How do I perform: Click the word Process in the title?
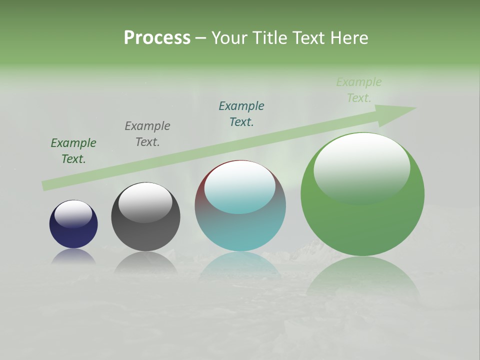click(x=157, y=38)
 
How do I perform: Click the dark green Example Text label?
click(x=73, y=151)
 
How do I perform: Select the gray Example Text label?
click(x=147, y=134)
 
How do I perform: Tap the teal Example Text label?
click(x=241, y=114)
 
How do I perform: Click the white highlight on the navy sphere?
click(x=73, y=212)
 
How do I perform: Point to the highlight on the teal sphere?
click(x=239, y=188)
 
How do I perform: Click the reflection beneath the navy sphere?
click(x=73, y=256)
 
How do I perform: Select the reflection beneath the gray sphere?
click(x=145, y=262)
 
